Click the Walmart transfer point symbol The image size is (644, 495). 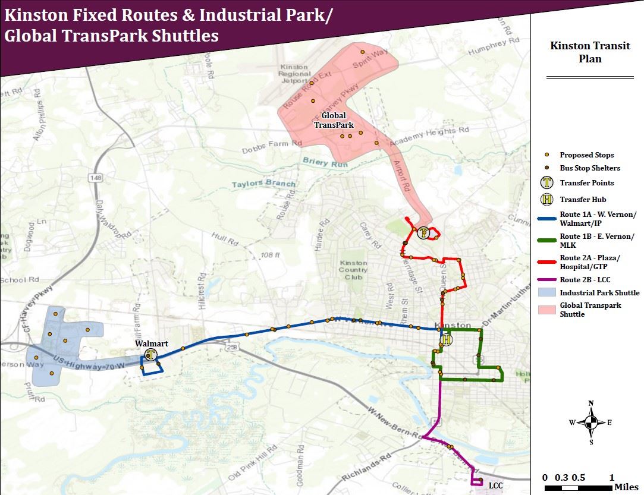pos(152,355)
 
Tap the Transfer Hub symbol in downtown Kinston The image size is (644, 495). pos(447,340)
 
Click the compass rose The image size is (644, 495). pos(591,423)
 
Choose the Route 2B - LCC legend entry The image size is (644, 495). pos(585,280)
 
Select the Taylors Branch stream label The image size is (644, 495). pos(263,184)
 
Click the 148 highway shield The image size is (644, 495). pos(95,178)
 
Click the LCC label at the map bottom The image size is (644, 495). pos(495,485)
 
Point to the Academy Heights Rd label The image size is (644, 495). pos(429,136)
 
